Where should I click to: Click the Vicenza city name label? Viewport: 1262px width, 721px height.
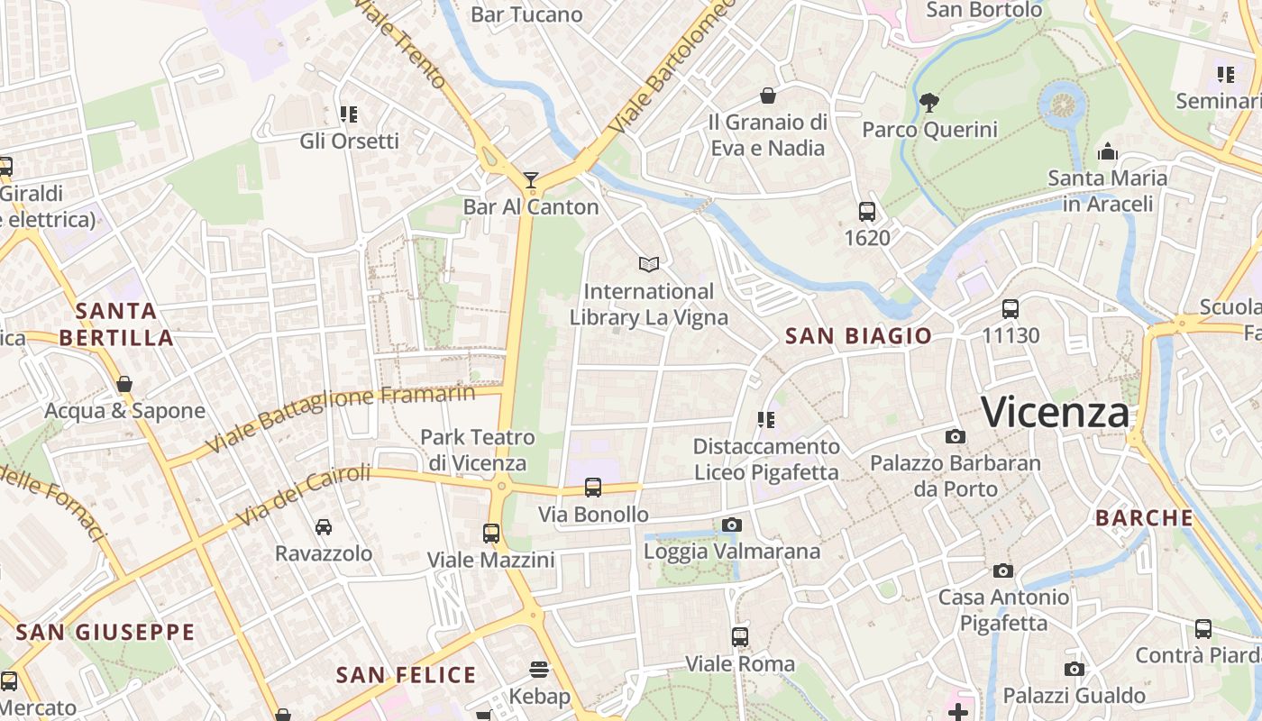pyautogui.click(x=1055, y=412)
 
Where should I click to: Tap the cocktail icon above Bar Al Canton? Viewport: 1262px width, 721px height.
pyautogui.click(x=531, y=180)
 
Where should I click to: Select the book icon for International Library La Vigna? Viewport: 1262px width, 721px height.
pyautogui.click(x=649, y=264)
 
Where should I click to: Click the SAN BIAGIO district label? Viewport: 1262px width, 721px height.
pyautogui.click(x=858, y=336)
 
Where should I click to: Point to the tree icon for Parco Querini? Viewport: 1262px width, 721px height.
pyautogui.click(x=929, y=102)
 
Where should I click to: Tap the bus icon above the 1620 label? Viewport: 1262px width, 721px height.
pyautogui.click(x=867, y=212)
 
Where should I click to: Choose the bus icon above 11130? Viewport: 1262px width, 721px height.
pyautogui.click(x=1011, y=309)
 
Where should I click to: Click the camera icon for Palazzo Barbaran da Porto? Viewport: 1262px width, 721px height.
pyautogui.click(x=956, y=437)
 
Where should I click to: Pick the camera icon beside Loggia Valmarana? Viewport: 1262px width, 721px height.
pyautogui.click(x=732, y=525)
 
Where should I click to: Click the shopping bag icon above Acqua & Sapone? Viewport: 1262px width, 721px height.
pyautogui.click(x=124, y=385)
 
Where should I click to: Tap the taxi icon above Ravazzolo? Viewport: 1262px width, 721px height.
pyautogui.click(x=323, y=526)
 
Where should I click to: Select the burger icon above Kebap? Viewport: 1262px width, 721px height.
pyautogui.click(x=539, y=670)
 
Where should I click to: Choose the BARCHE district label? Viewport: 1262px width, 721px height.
pyautogui.click(x=1144, y=518)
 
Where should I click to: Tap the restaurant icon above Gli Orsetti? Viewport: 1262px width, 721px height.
pyautogui.click(x=349, y=114)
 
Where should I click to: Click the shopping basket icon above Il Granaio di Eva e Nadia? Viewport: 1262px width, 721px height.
pyautogui.click(x=768, y=96)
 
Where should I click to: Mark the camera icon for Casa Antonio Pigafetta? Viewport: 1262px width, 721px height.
pyautogui.click(x=1003, y=570)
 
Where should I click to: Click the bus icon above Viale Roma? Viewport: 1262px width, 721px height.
pyautogui.click(x=740, y=637)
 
